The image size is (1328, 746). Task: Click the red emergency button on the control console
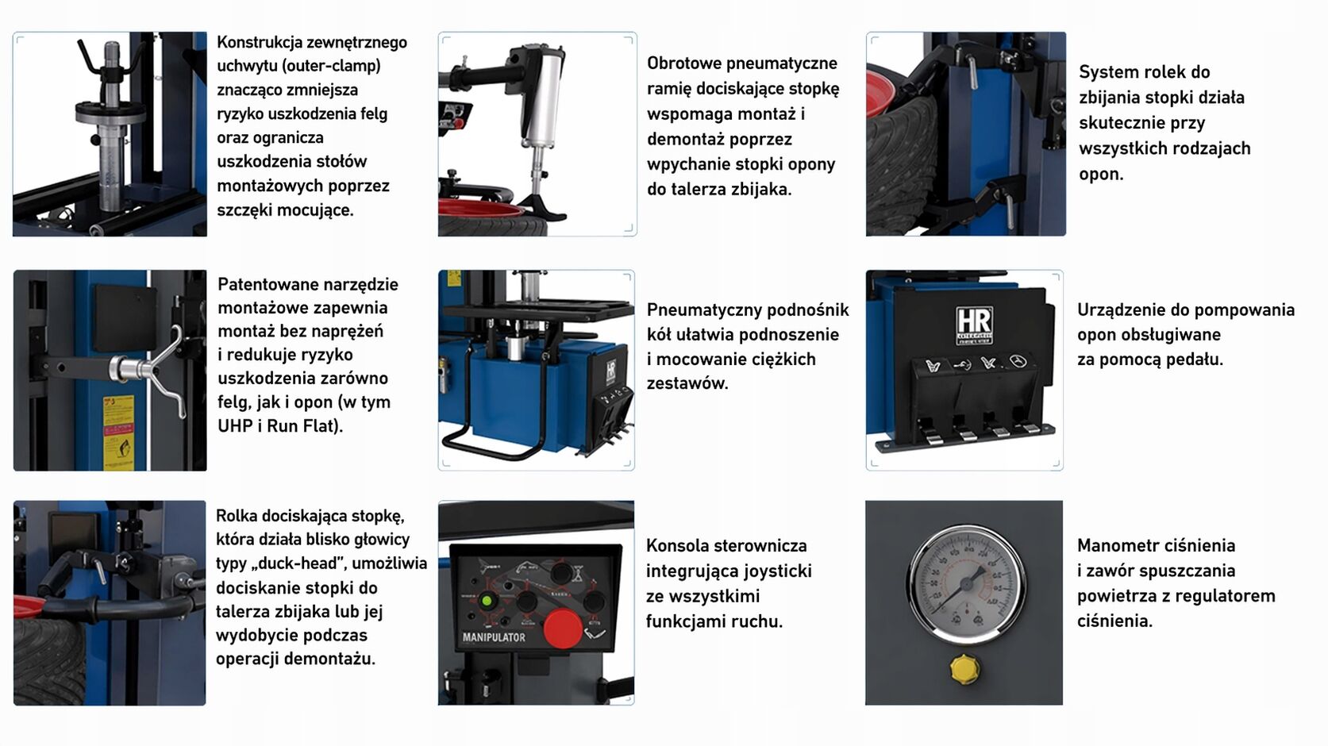[x=563, y=628]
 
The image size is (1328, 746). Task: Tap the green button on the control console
[x=487, y=601]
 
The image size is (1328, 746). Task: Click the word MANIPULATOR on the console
[x=494, y=637]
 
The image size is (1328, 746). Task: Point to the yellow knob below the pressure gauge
[x=964, y=669]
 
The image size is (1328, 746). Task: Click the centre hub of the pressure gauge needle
[x=966, y=584]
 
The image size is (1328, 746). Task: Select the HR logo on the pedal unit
[x=974, y=324]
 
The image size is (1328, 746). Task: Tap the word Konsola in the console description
[x=676, y=545]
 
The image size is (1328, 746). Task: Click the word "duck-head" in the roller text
[x=305, y=563]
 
